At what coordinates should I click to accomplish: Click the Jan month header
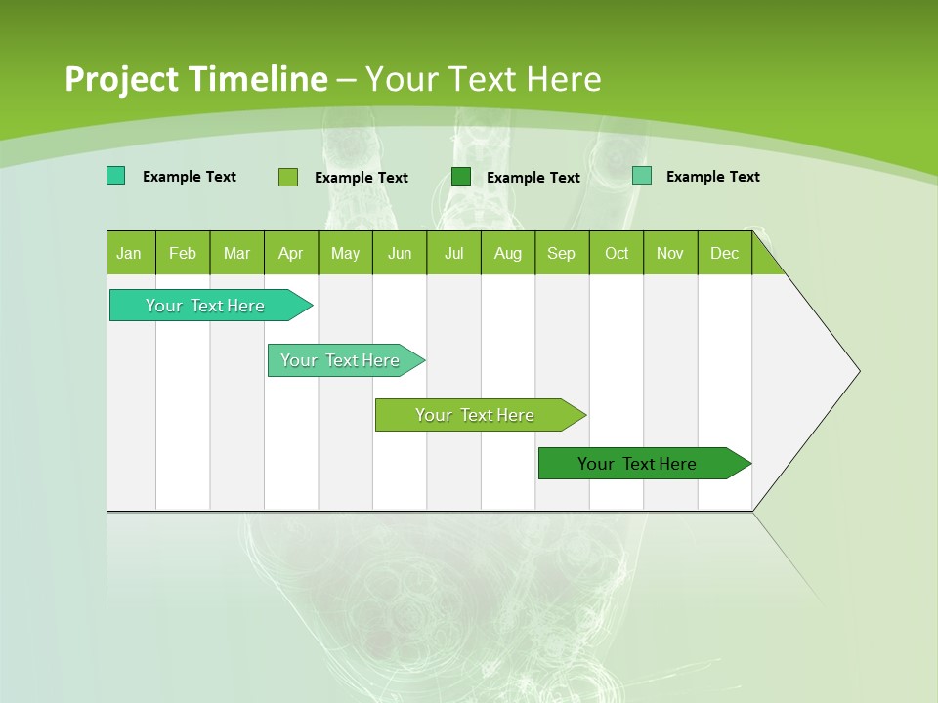(x=130, y=253)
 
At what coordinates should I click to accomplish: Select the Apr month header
(x=291, y=253)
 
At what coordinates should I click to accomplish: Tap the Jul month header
(x=453, y=253)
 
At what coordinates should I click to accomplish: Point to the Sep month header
(x=561, y=253)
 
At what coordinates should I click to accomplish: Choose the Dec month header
(x=724, y=253)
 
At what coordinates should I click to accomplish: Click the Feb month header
(x=183, y=253)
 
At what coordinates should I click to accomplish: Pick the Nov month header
(x=670, y=253)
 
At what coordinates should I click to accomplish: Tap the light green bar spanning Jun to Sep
(x=476, y=415)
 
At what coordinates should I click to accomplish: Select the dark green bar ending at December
(x=638, y=464)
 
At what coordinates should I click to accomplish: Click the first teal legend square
(x=115, y=176)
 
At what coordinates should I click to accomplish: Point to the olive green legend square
(x=287, y=177)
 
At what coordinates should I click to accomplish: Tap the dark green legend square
(x=461, y=177)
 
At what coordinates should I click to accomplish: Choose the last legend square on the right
(x=641, y=176)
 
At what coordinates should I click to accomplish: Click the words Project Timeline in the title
(x=195, y=79)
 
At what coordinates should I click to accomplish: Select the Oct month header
(x=617, y=253)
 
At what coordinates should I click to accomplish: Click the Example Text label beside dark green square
(x=533, y=178)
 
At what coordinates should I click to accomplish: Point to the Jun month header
(x=400, y=253)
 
